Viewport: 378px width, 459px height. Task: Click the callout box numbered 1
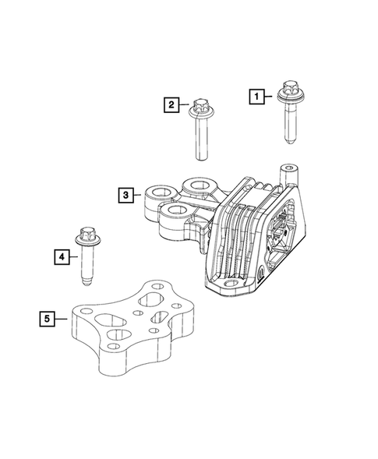coord(255,96)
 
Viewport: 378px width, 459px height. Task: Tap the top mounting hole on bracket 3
coord(198,185)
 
